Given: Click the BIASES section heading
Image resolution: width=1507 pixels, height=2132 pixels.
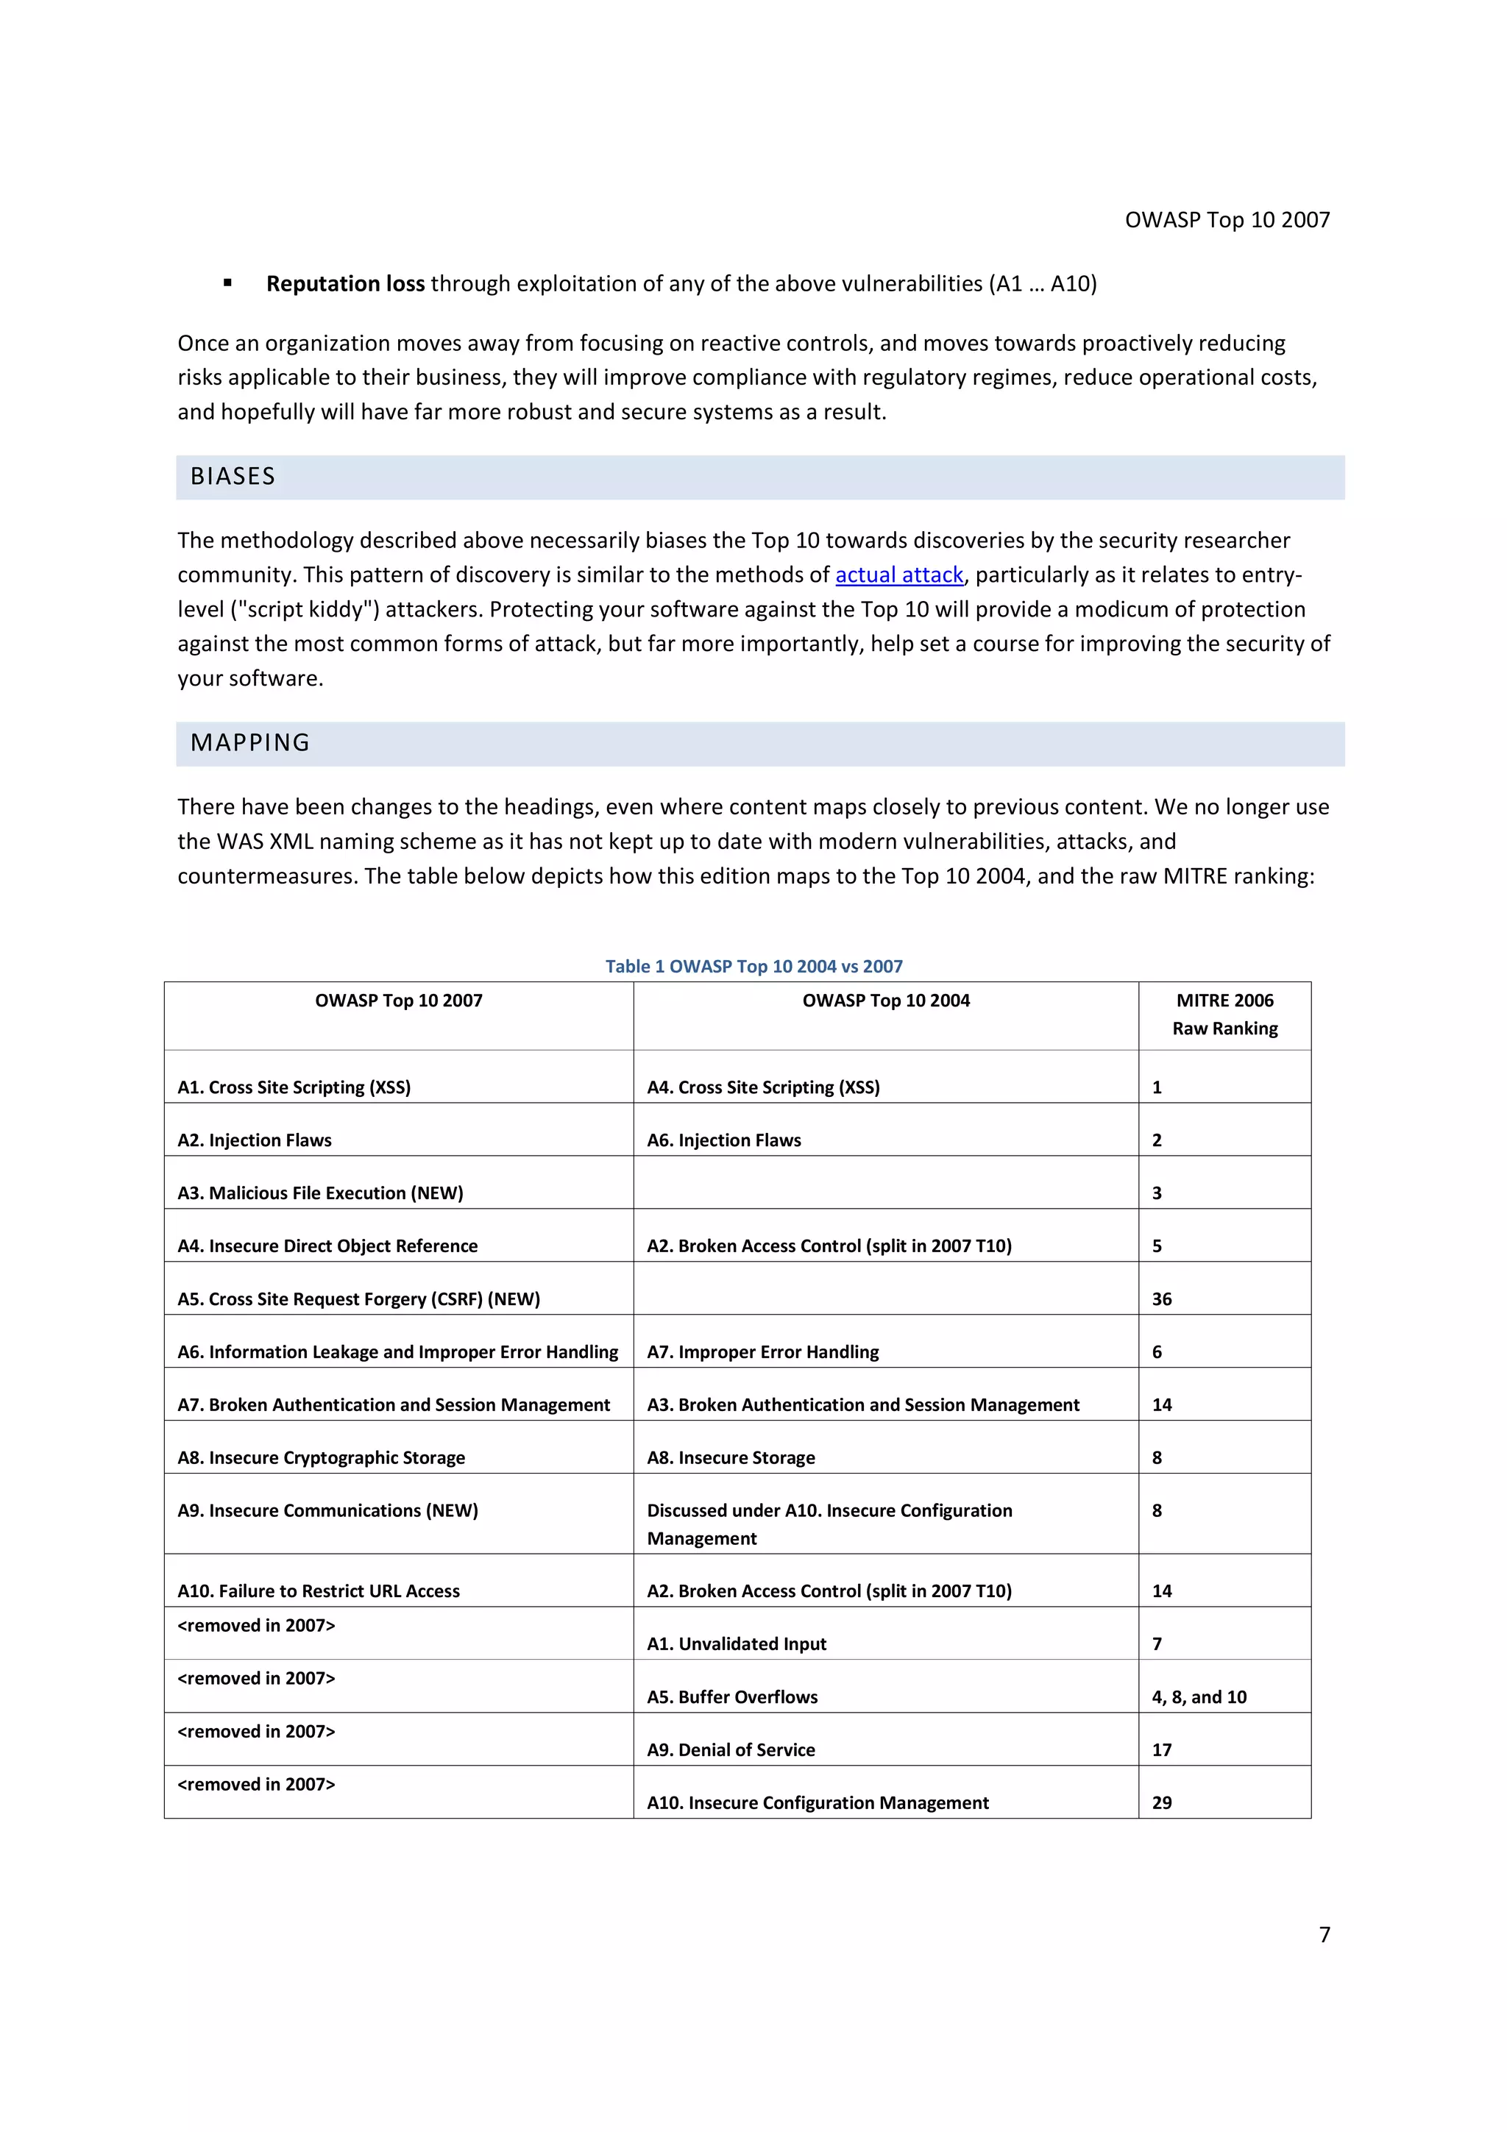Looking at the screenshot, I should coord(233,477).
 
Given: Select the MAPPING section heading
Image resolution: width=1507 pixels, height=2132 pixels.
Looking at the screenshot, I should coord(249,743).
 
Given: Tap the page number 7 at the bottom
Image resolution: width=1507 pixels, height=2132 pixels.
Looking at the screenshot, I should coord(1324,1934).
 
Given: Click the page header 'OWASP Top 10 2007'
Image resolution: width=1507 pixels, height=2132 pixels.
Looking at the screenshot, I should coord(1227,220).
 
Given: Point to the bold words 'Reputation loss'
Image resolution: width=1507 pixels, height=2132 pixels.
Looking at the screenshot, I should coord(345,283).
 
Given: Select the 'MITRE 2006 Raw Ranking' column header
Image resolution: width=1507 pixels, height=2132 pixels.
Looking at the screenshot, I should coord(1224,1014).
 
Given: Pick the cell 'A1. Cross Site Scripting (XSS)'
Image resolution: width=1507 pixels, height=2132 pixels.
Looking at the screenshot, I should coord(294,1087).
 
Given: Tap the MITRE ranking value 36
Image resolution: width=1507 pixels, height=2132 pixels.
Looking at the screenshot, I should coord(1162,1298).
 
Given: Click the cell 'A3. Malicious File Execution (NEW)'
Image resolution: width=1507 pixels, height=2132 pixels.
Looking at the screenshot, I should coord(319,1193).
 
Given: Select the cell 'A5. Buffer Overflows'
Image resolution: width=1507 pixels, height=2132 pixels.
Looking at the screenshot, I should coord(731,1696).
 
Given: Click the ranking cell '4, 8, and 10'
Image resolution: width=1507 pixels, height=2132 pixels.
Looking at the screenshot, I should coord(1199,1696).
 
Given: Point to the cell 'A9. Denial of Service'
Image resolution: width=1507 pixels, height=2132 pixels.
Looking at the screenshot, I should coord(730,1749).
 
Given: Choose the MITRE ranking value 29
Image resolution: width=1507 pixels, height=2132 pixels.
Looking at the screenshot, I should coord(1162,1802).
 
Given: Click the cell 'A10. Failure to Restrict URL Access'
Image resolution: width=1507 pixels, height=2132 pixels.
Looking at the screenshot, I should coord(319,1591).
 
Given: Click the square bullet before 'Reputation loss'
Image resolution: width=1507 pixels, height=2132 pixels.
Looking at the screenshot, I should coord(227,283).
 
